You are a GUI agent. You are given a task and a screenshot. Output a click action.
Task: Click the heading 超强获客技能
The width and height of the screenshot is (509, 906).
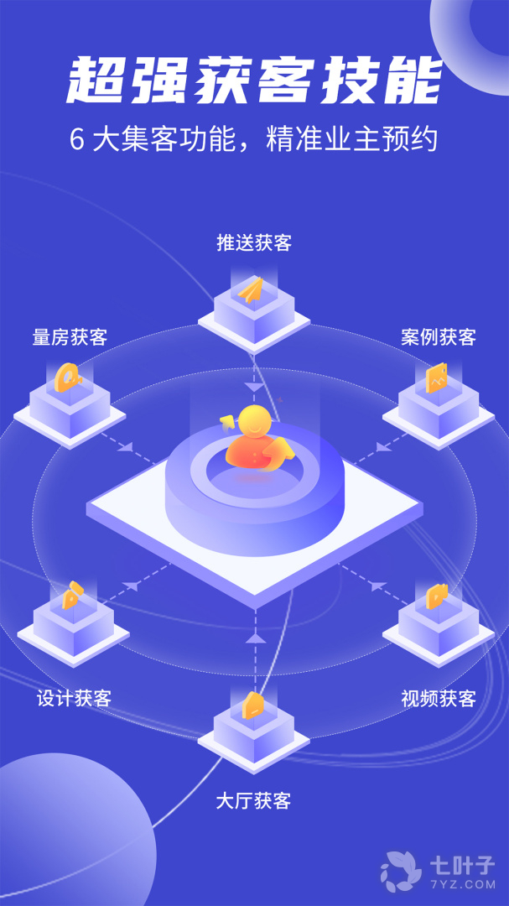point(254,81)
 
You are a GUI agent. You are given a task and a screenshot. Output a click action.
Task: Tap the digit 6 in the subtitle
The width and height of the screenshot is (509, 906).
point(76,140)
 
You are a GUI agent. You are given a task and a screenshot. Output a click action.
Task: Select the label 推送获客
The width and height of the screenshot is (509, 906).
point(254,243)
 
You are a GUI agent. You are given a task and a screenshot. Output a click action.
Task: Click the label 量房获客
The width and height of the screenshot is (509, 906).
point(70,337)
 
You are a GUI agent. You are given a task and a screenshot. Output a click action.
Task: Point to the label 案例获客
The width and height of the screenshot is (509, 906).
point(438,337)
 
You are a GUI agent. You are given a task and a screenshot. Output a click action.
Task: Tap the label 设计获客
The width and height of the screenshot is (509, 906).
point(74,698)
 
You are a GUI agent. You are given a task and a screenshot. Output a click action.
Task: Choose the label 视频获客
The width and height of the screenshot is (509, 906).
point(438,698)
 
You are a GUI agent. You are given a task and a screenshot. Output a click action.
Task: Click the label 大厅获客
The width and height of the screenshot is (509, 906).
point(253,800)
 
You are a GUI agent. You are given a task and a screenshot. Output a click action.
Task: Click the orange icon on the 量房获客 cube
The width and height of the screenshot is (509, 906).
point(67,378)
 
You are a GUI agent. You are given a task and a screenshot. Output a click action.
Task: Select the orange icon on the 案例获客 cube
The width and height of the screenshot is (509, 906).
point(436,378)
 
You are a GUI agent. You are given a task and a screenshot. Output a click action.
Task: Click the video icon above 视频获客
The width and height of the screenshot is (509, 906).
point(436,596)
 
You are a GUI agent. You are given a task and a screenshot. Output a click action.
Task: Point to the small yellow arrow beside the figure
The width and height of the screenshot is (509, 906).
point(226,419)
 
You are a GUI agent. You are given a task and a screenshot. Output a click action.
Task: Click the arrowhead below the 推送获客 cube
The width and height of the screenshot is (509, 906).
point(254,387)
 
